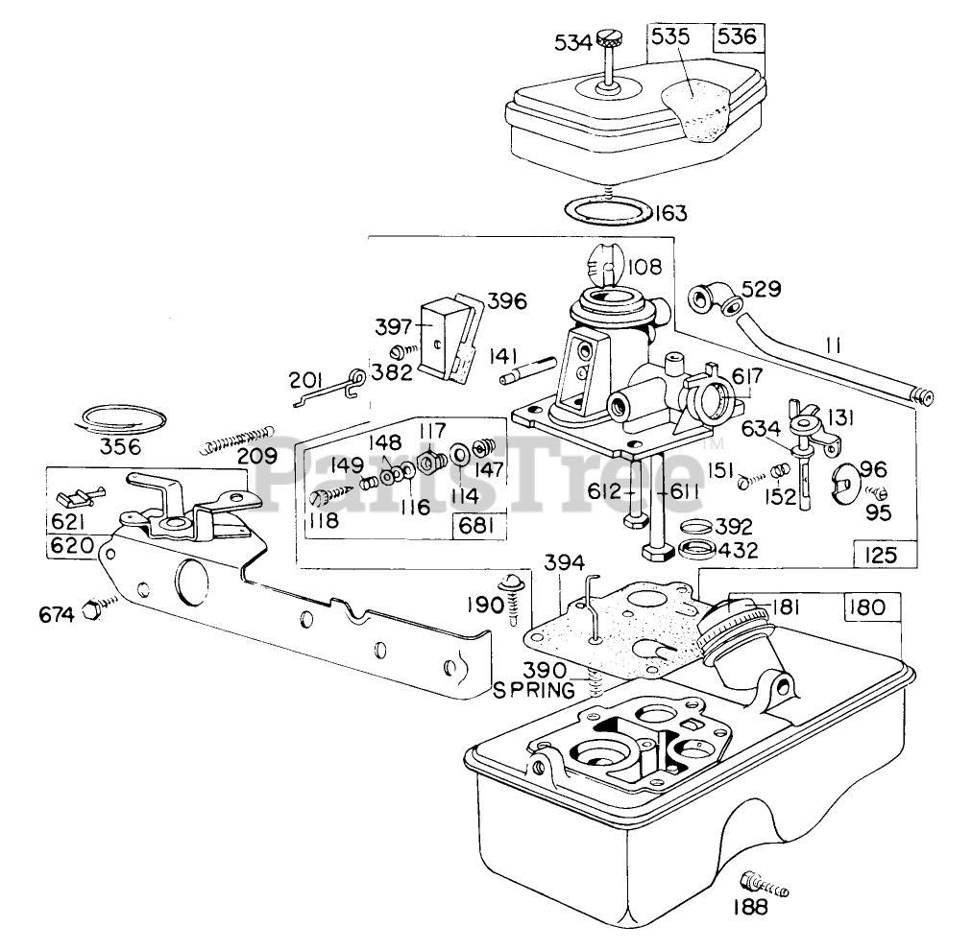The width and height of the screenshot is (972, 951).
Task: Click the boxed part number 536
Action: point(738,37)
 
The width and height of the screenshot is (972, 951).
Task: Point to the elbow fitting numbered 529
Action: point(715,299)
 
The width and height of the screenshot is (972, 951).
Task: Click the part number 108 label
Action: point(644,268)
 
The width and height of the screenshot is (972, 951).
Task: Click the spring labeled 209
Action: point(238,439)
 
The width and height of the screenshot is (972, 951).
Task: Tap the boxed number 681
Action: point(476,526)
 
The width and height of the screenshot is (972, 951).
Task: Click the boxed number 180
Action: point(867,607)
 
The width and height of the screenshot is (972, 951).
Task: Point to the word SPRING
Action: point(534,690)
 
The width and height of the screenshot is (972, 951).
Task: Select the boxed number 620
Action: point(71,546)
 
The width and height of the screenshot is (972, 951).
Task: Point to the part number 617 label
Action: point(747,376)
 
